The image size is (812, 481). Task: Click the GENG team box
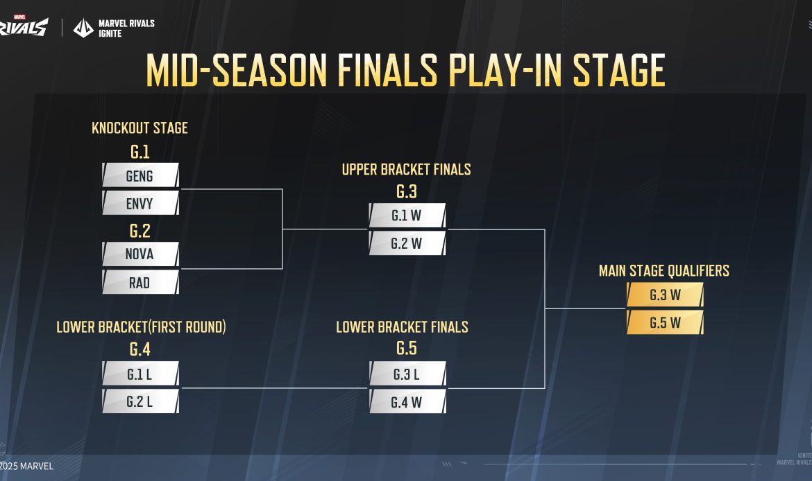coord(140,175)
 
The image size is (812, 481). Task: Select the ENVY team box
coord(140,203)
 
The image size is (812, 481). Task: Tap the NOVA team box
coord(140,254)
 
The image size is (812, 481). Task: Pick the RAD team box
coord(140,282)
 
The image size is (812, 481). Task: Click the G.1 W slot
coord(407,216)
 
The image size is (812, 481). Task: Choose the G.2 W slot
coord(407,243)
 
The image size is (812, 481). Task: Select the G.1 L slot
coord(140,374)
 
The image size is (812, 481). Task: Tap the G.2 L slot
coord(140,401)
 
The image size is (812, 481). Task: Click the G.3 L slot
coord(407,374)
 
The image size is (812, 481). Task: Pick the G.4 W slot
coord(407,401)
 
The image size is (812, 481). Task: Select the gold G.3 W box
coord(665,295)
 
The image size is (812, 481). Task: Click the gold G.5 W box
coord(665,323)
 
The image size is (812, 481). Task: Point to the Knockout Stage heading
coord(139,128)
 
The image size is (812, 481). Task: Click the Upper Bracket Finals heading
coord(406,169)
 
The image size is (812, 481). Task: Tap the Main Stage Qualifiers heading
coord(664,270)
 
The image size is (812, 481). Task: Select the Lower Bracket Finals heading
coord(402,326)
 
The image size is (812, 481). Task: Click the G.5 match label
coord(407,349)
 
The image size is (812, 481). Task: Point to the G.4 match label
coord(140,349)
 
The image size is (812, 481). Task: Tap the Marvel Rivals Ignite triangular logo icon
coord(83,28)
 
